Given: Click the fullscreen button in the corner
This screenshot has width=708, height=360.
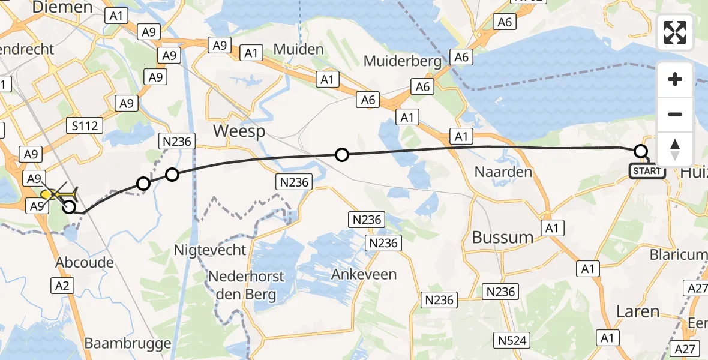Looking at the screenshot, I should click(675, 32).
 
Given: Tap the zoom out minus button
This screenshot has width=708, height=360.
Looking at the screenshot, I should click(675, 114).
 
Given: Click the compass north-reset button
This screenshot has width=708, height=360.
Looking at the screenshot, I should click(675, 149).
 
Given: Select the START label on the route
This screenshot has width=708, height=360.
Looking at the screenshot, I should click(647, 171).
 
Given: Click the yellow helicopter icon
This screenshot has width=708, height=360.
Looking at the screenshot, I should click(58, 194).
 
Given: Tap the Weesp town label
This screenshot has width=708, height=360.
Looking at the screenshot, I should click(239, 131).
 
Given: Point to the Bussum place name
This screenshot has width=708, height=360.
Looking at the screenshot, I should click(502, 237).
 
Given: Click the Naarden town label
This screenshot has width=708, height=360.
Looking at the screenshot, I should click(503, 172).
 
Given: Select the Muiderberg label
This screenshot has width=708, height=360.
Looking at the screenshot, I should click(403, 61).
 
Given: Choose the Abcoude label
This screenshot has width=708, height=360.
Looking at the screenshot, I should click(85, 262).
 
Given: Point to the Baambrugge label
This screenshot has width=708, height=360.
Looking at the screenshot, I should click(128, 344).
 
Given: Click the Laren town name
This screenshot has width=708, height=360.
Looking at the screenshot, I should click(638, 311).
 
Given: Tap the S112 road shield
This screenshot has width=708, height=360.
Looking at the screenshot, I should click(85, 125).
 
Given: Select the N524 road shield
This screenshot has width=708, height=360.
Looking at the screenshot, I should click(512, 341).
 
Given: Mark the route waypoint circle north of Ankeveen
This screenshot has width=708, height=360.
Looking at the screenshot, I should click(341, 155).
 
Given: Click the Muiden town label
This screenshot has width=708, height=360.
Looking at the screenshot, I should click(298, 49).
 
